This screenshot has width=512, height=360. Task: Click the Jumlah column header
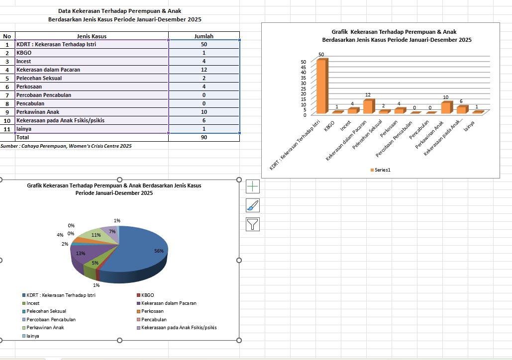(x=204, y=36)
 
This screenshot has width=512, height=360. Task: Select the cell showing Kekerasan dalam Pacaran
(x=48, y=70)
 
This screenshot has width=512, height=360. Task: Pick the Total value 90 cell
(x=204, y=137)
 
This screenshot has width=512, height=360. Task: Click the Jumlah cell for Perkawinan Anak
(x=204, y=112)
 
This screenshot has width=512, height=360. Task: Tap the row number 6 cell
(x=7, y=87)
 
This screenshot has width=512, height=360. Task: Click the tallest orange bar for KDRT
(x=321, y=87)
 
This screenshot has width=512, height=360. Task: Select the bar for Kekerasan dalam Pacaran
(x=368, y=107)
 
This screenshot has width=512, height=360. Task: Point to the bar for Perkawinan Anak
(x=446, y=107)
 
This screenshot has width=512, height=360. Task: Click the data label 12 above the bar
(x=368, y=94)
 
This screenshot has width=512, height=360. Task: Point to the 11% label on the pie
(x=96, y=235)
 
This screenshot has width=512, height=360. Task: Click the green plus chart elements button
(x=253, y=186)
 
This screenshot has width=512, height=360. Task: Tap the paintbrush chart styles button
(x=253, y=205)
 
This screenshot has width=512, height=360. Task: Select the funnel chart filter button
(x=253, y=224)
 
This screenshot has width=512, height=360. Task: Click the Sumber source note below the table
(x=66, y=146)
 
